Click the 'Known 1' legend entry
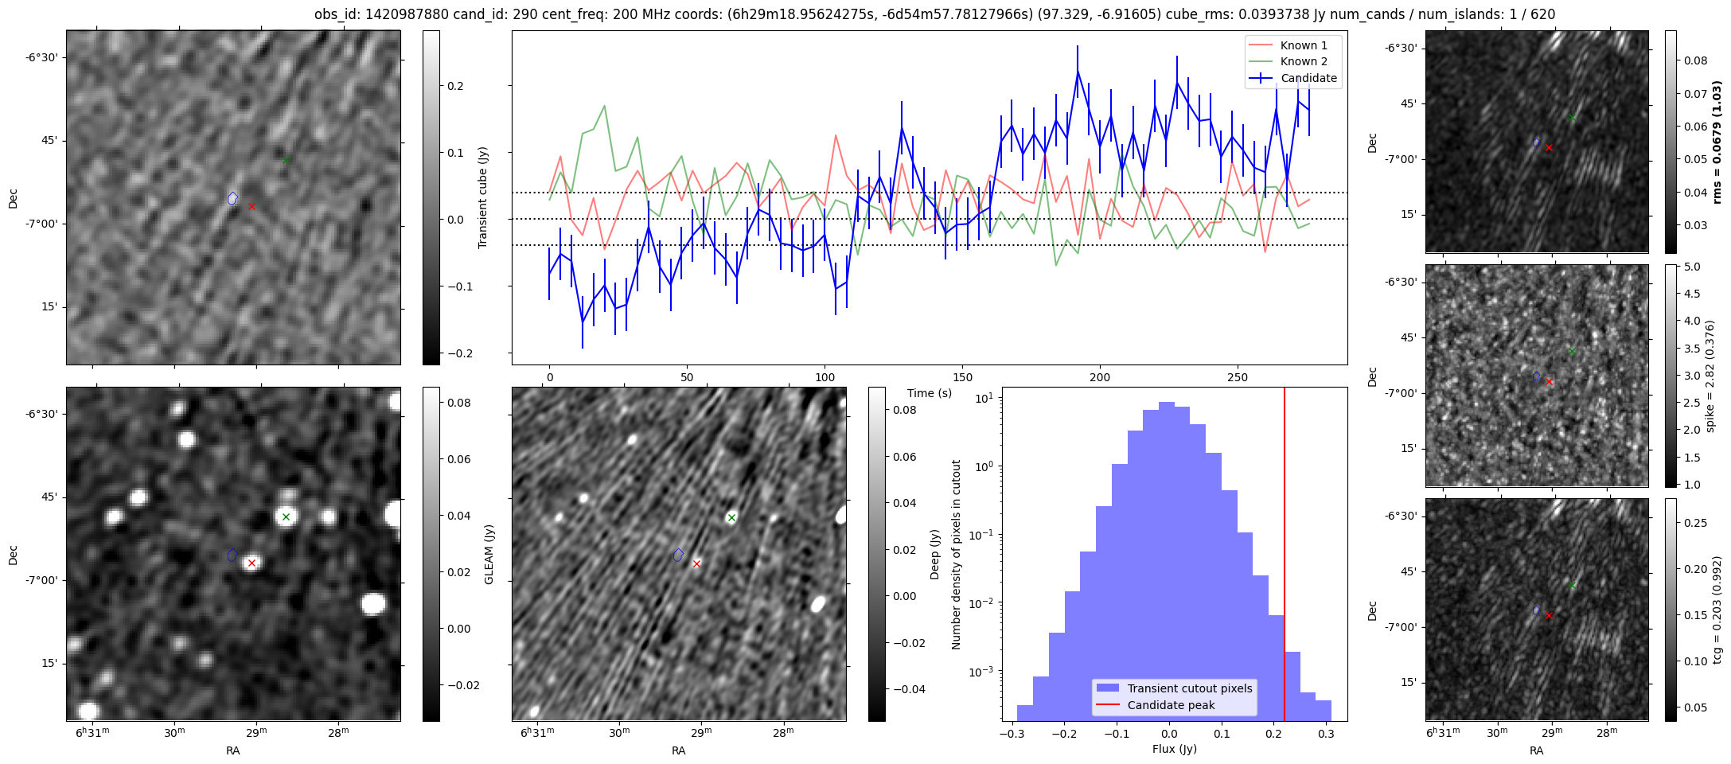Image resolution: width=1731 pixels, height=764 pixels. (x=1304, y=45)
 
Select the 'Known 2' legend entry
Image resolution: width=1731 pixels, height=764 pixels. (x=1304, y=61)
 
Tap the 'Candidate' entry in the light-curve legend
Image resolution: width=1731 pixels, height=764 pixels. (x=1308, y=78)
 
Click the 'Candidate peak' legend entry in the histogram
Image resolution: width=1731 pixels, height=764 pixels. (x=1171, y=705)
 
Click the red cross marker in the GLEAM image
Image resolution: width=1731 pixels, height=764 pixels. (x=251, y=563)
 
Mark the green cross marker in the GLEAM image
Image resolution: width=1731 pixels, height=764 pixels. (x=286, y=517)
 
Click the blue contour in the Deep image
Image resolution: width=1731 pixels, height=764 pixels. (x=678, y=555)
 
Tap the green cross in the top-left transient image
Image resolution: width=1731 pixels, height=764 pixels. (x=286, y=161)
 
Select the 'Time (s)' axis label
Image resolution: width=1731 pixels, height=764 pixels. (x=930, y=393)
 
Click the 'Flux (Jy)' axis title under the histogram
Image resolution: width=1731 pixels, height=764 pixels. (x=1174, y=749)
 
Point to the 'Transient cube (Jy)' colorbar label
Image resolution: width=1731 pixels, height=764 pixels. (x=483, y=197)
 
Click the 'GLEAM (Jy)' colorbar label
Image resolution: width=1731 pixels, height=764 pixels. (x=489, y=554)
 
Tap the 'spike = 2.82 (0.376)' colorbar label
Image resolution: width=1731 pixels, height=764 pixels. (x=1710, y=376)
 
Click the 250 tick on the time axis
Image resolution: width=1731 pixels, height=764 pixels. (x=1237, y=376)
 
